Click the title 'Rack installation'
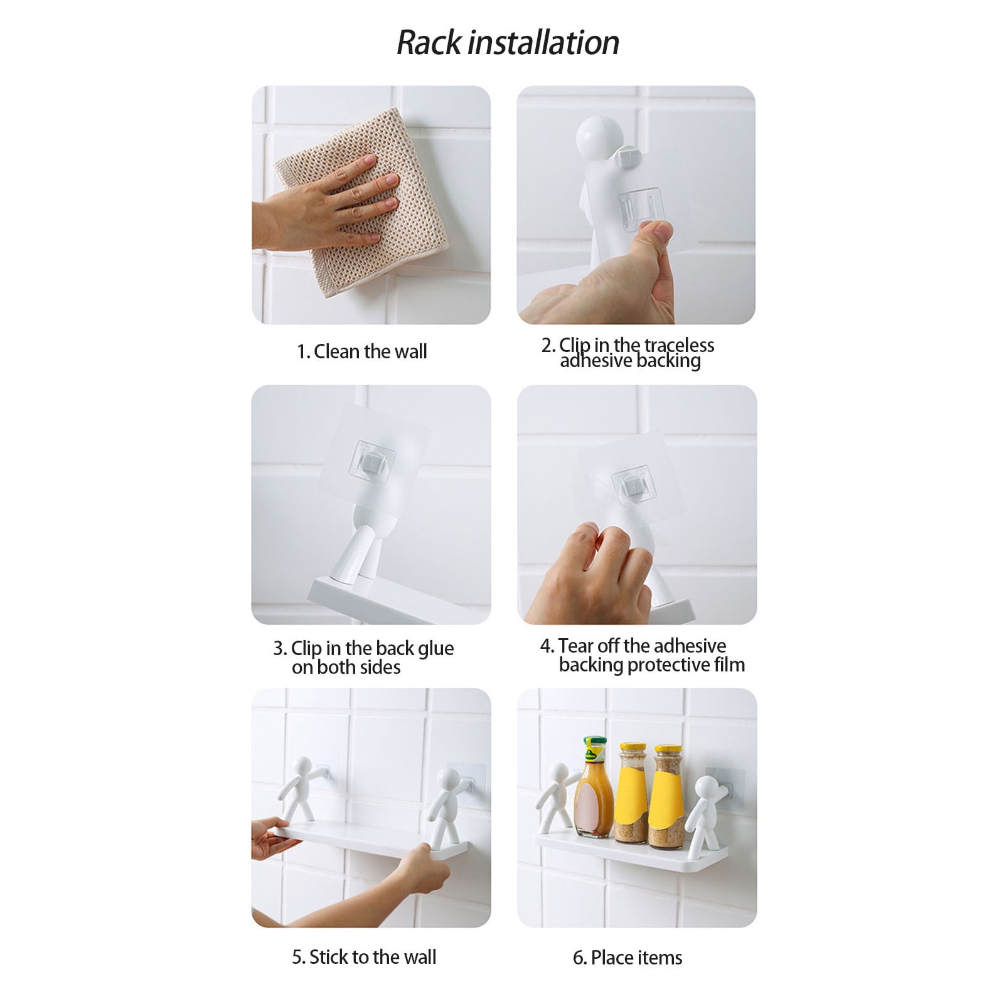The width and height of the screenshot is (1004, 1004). click(508, 43)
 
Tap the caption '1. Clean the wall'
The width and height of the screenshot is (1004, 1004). click(362, 351)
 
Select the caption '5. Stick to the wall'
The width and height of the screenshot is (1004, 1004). click(364, 957)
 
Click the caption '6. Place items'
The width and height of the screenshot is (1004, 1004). click(627, 958)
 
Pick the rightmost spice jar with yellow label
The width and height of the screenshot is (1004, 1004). click(668, 796)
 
